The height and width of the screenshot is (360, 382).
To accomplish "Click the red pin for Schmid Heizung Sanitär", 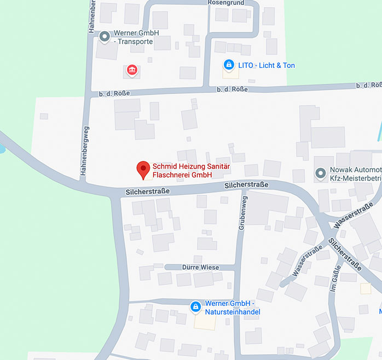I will click(x=143, y=169).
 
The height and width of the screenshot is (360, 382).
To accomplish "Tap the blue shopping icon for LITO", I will click(x=228, y=65).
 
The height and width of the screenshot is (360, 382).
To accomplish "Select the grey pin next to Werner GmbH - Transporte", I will click(x=105, y=37).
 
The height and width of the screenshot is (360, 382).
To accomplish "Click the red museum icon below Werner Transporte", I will click(x=132, y=70).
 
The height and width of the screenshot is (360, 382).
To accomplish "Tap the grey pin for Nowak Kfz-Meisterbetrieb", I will click(x=320, y=174).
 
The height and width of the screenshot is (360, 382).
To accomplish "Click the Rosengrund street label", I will click(x=225, y=3).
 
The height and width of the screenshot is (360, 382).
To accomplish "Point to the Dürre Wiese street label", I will click(x=200, y=268).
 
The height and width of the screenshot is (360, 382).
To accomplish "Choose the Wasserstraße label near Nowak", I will click(x=352, y=216).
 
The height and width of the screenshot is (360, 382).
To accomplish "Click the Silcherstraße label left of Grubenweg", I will click(x=147, y=191).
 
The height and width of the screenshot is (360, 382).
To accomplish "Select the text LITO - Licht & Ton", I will click(x=267, y=66).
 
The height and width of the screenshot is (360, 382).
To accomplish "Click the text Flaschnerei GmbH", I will click(x=182, y=175).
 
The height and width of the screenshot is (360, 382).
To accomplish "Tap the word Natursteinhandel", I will click(x=233, y=312).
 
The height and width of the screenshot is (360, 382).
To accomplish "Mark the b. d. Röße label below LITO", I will click(x=232, y=89).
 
